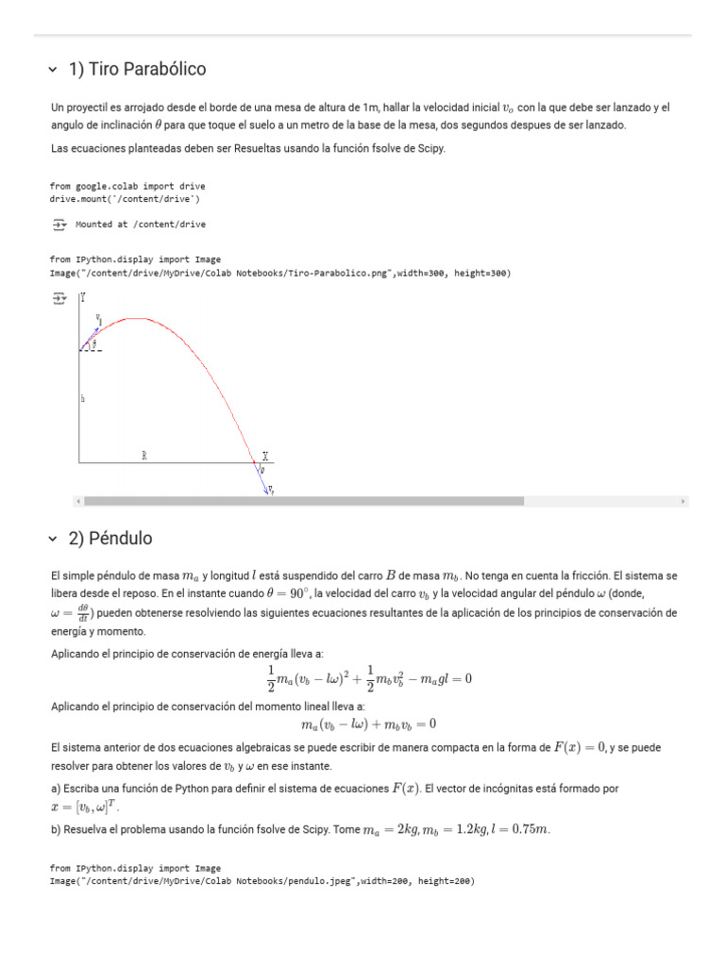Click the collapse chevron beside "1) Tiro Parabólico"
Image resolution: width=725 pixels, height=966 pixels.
tap(53, 70)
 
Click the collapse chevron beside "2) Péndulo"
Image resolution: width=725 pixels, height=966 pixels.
tap(53, 539)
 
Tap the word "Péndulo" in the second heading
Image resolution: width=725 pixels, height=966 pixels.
tap(120, 539)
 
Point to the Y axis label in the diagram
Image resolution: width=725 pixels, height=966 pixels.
tap(83, 297)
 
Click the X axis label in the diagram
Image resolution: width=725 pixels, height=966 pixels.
tap(265, 456)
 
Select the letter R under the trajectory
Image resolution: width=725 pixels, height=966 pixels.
tap(144, 456)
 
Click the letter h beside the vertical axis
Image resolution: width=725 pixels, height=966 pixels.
tap(83, 399)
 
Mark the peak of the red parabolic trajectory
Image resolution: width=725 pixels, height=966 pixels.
tap(139, 319)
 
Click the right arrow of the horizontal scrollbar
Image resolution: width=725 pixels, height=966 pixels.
tap(683, 501)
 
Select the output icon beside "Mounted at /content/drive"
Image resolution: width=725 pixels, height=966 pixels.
tap(59, 225)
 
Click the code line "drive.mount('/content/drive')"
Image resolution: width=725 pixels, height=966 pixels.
tap(125, 199)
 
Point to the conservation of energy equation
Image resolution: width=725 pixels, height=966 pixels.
tap(369, 678)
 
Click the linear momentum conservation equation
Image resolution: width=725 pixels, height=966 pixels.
tap(369, 724)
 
